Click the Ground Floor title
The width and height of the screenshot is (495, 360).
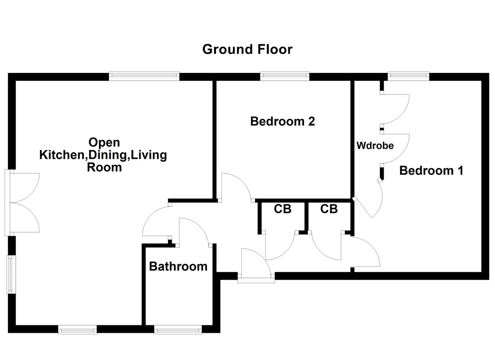coord(247,49)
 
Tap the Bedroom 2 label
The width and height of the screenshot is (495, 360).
coord(283,122)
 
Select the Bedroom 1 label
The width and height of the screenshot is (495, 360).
coord(431,170)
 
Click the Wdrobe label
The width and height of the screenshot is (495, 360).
coord(375,146)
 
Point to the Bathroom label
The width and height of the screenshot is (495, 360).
coord(178,266)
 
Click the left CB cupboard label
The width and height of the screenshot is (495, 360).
coord(283,209)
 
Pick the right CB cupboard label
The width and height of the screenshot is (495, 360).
coord(329,209)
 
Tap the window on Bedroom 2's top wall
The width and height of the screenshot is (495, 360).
coord(285,76)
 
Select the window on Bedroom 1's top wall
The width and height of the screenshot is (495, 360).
coord(408,76)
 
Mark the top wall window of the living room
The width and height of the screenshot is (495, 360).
coord(144,76)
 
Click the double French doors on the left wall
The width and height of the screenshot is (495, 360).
coord(23,202)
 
